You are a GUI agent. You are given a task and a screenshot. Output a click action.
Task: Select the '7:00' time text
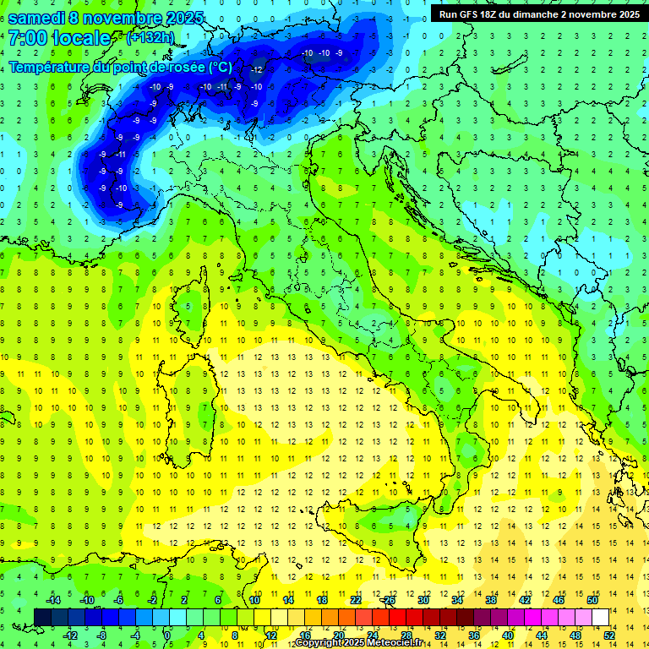coord(25,38)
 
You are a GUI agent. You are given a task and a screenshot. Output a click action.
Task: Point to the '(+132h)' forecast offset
coord(150,37)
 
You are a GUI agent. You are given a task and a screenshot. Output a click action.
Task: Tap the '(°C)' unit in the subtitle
coord(220,67)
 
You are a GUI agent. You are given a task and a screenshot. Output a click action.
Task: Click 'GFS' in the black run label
coord(475,14)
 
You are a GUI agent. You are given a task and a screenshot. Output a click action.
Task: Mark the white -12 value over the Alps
coord(256,68)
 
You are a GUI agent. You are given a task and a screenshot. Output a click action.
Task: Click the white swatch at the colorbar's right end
coord(600,617)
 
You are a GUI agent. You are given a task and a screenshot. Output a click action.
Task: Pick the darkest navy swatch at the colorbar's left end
coord(42,617)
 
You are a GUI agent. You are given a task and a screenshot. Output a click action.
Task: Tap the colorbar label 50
coord(592,600)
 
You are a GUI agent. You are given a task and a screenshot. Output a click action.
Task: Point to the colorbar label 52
coord(609,635)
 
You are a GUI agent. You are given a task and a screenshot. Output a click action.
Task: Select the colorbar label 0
coord(167,635)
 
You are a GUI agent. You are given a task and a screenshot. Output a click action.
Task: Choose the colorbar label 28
coord(406,635)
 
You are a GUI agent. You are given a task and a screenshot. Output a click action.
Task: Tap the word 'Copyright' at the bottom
coord(319,643)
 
